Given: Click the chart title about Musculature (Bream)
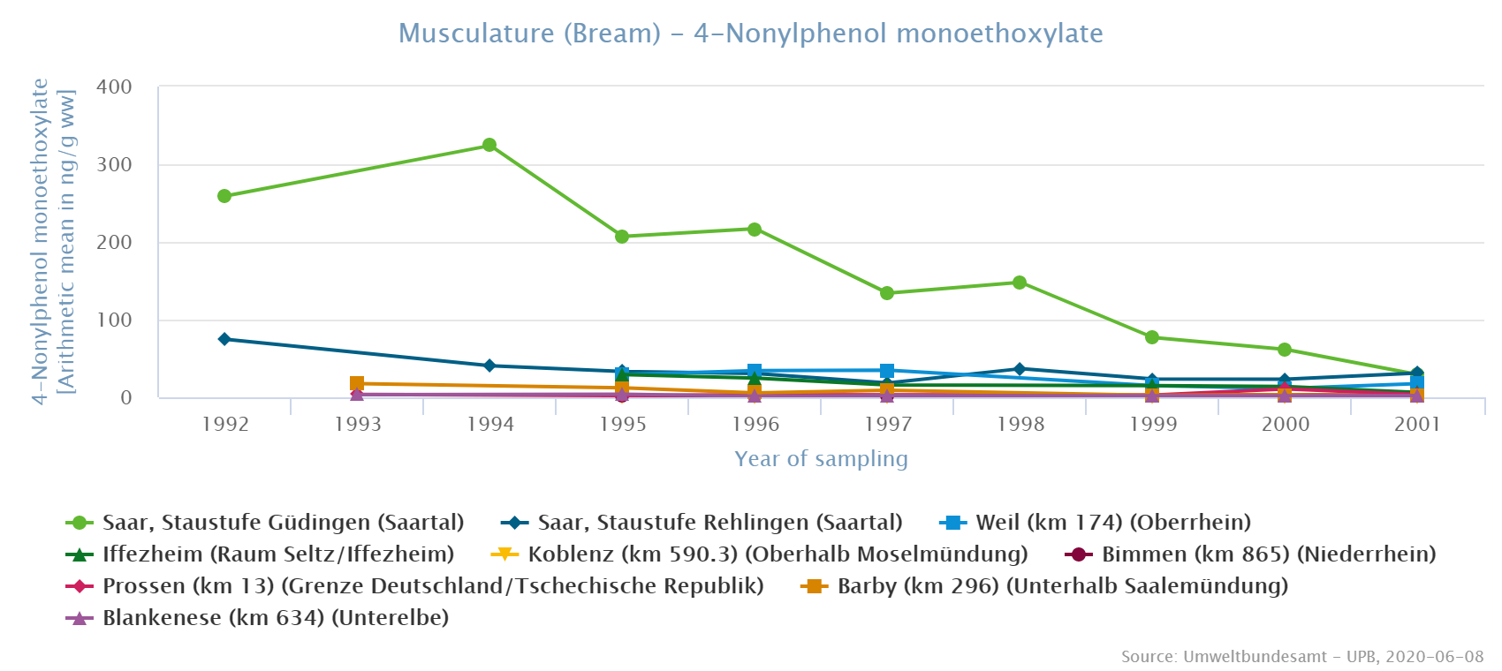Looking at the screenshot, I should tap(750, 34).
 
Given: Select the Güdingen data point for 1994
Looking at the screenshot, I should tap(489, 145).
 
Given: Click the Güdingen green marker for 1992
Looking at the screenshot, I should tap(224, 196).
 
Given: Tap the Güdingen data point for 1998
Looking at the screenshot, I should tap(1020, 283).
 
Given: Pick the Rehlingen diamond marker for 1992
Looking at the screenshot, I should tap(224, 339).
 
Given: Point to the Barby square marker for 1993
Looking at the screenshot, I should tap(357, 383).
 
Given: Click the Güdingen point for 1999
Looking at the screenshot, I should tap(1152, 337).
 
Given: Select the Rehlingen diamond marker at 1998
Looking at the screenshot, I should tap(1020, 369).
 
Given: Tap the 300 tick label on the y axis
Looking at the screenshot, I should tap(114, 165).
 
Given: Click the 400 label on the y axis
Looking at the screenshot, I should tap(114, 87).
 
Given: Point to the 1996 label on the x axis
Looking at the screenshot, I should tap(755, 425).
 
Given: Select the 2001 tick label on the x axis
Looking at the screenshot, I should tap(1417, 425).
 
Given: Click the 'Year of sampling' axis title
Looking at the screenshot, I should tap(821, 459).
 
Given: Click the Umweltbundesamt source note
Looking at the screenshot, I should tap(1302, 657).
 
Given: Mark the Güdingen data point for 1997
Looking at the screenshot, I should tap(887, 293).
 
